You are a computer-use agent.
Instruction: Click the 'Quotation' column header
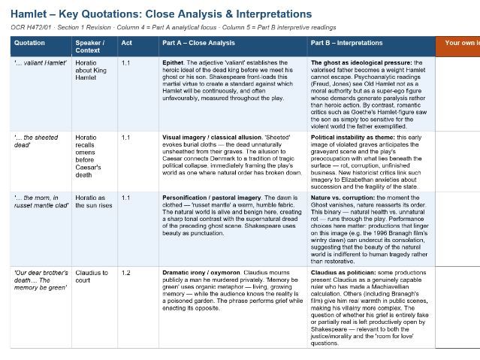[x=29, y=43]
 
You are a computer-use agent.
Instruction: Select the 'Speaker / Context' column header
[x=90, y=47]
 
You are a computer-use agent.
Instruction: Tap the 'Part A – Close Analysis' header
[x=198, y=43]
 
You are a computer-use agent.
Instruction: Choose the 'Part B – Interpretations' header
[x=349, y=43]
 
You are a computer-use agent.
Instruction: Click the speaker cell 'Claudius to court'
[x=92, y=277]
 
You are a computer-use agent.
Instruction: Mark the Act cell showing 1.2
[x=126, y=273]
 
